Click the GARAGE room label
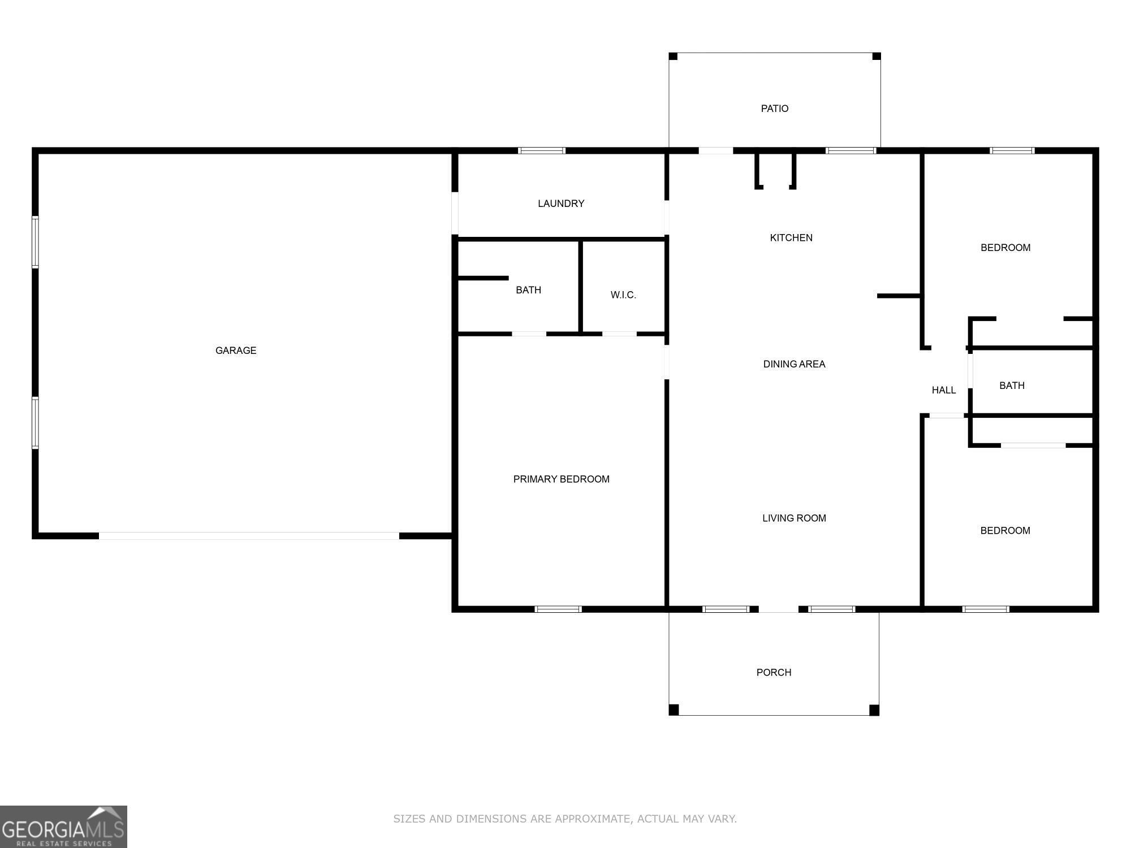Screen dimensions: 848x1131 coord(236,351)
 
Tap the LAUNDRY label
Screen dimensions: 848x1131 coord(560,204)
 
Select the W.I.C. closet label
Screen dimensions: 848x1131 coord(623,295)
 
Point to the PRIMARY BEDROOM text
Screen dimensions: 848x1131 coord(561,479)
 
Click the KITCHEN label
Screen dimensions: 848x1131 coord(791,238)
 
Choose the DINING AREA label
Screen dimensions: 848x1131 coord(794,364)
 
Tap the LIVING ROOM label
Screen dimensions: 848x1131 coord(794,518)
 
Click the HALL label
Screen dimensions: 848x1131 coord(943,390)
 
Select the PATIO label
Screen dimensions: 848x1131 coord(774,109)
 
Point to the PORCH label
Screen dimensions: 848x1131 coord(774,672)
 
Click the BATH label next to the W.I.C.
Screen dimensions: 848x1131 coord(528,290)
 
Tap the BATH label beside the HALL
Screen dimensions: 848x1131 coord(1012,386)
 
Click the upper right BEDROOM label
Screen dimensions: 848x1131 coord(1005,248)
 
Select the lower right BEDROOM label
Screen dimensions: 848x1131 coord(1005,530)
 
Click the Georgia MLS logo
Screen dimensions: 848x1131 coord(63,827)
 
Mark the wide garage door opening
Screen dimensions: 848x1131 coord(249,536)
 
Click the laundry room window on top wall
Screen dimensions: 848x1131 coord(542,150)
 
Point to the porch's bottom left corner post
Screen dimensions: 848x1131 coord(674,710)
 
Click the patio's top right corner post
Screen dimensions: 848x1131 coord(876,56)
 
